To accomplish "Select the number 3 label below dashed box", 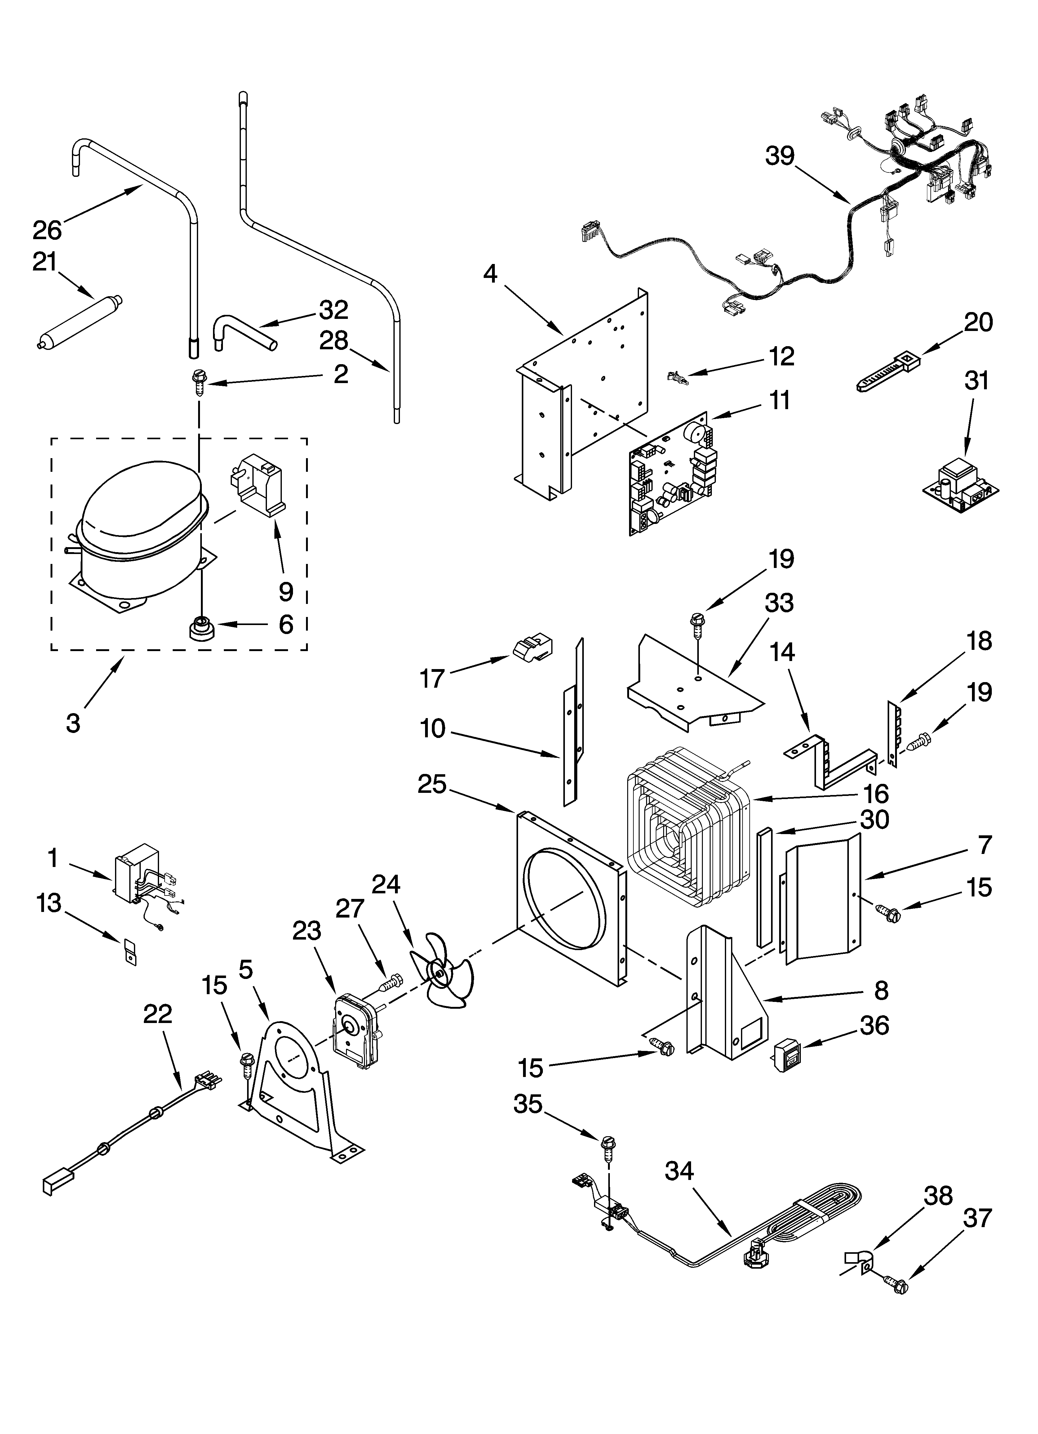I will click(73, 723).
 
